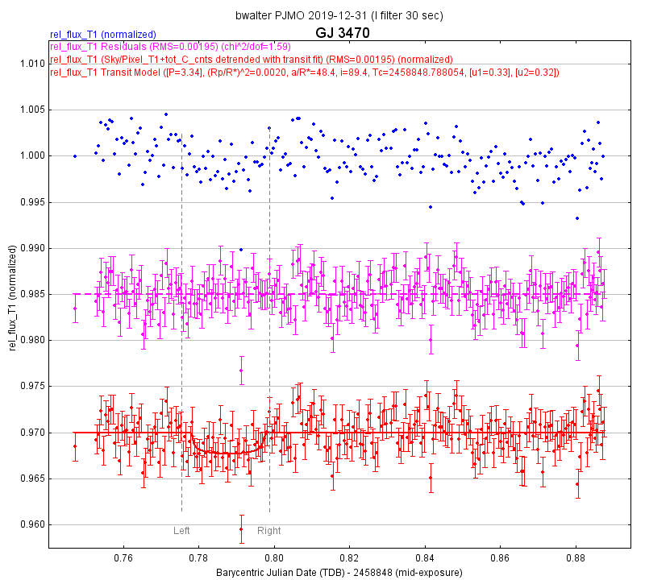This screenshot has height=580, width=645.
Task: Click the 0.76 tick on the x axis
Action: point(123,557)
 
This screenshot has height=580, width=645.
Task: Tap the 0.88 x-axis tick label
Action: point(576,557)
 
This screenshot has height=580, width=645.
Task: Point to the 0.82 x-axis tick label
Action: point(350,557)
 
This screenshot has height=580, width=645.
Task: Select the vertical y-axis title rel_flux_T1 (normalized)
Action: point(13,295)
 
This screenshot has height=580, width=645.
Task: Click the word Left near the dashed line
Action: point(181,531)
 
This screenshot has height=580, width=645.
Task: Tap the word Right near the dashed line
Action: point(269,531)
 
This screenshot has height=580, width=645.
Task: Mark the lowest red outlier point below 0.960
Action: point(241,529)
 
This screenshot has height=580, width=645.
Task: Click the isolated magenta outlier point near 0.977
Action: point(241,371)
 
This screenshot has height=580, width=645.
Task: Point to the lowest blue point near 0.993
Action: point(577,218)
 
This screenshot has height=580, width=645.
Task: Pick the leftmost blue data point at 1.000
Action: point(75,156)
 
